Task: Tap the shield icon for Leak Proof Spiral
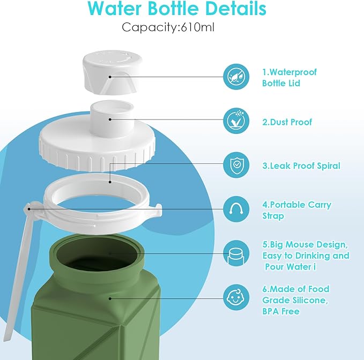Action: tap(236, 165)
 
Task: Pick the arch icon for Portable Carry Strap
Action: tap(236, 209)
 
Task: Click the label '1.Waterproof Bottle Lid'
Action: tap(289, 77)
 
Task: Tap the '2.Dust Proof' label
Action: tap(287, 122)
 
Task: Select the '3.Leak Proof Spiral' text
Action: tap(301, 166)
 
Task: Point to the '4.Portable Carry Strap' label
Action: tap(296, 210)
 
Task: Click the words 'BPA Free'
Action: tap(280, 311)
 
